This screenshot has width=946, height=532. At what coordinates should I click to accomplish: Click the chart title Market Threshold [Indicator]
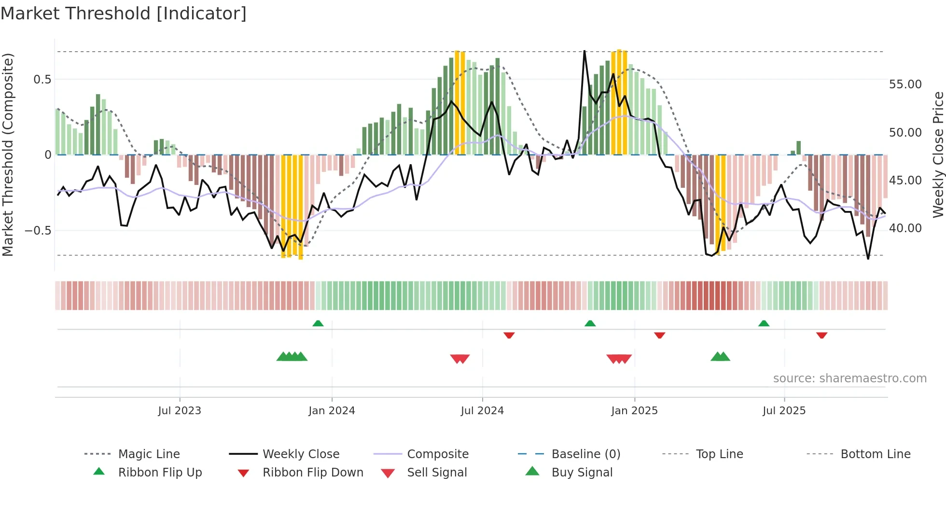124,14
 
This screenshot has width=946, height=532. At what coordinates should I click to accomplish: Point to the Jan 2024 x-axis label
332,410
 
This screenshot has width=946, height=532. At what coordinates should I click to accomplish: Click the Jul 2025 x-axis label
784,410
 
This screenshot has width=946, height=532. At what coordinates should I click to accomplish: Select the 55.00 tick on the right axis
905,84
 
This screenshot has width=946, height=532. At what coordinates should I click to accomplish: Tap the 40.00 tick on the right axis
905,228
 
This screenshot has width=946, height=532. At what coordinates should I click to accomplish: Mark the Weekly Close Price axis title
938,154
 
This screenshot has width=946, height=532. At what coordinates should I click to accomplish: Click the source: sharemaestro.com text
849,378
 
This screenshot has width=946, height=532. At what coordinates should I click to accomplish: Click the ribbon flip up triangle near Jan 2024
318,323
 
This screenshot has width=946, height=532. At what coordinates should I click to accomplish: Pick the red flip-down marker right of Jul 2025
822,335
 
